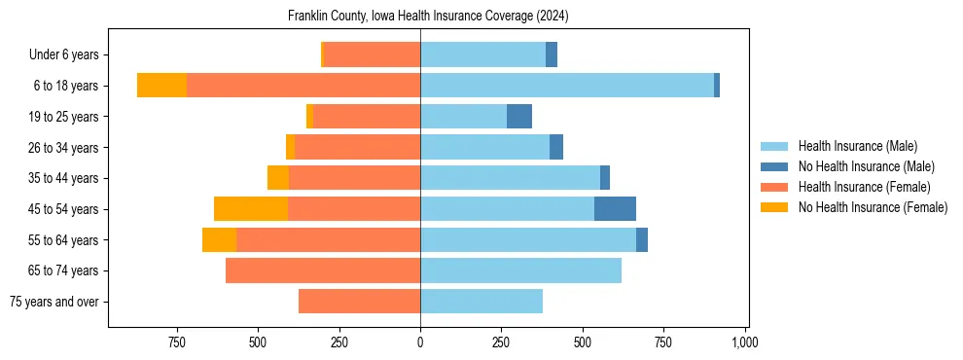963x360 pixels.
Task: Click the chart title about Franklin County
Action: [428, 17]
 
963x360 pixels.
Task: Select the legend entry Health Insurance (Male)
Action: [857, 146]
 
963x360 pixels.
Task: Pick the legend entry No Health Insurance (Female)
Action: [873, 207]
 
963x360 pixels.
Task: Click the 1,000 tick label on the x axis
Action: [744, 342]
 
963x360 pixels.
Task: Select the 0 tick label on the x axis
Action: [420, 342]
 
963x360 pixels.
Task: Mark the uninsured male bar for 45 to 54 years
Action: [615, 209]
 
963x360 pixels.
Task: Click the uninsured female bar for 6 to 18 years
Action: [161, 86]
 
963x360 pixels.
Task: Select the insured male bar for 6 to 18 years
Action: [566, 86]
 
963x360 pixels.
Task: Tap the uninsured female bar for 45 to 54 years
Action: [251, 209]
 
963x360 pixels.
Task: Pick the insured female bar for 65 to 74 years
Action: [323, 270]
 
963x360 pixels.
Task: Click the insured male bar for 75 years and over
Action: [481, 302]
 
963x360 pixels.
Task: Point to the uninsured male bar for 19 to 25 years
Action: [519, 117]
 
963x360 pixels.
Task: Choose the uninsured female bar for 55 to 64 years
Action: [219, 240]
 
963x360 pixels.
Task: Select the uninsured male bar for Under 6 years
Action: [552, 54]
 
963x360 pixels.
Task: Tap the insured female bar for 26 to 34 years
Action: [357, 147]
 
